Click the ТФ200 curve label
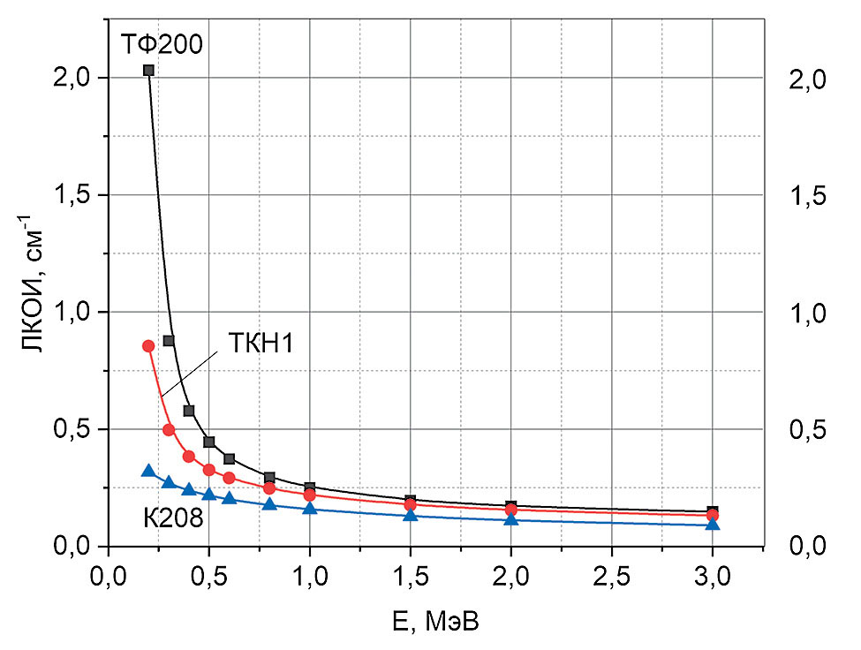coord(162,42)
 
